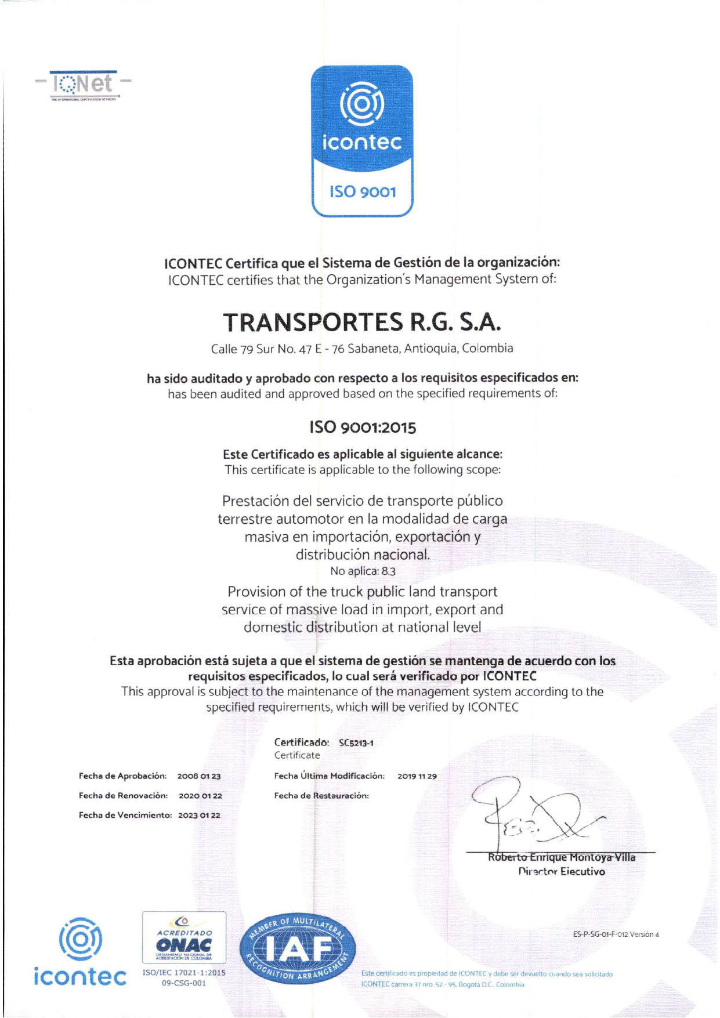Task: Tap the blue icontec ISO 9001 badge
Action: pyautogui.click(x=362, y=141)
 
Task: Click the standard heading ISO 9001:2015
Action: pyautogui.click(x=363, y=428)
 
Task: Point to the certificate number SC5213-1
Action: pyautogui.click(x=356, y=743)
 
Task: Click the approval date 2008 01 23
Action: pyautogui.click(x=199, y=776)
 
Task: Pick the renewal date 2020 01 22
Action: pyautogui.click(x=200, y=796)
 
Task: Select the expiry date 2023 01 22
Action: pyautogui.click(x=199, y=816)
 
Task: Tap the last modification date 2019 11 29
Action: pyautogui.click(x=417, y=776)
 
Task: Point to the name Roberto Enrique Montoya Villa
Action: pyautogui.click(x=561, y=857)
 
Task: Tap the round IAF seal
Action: pyautogui.click(x=297, y=948)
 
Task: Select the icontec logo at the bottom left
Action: pyautogui.click(x=80, y=952)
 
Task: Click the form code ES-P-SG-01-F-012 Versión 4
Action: pyautogui.click(x=616, y=934)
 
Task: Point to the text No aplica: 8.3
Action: pyautogui.click(x=363, y=571)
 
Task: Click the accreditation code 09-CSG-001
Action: pyautogui.click(x=184, y=983)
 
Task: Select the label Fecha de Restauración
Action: pyautogui.click(x=321, y=796)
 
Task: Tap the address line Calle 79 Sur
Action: pyautogui.click(x=362, y=349)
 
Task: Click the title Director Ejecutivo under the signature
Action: pyautogui.click(x=561, y=872)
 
